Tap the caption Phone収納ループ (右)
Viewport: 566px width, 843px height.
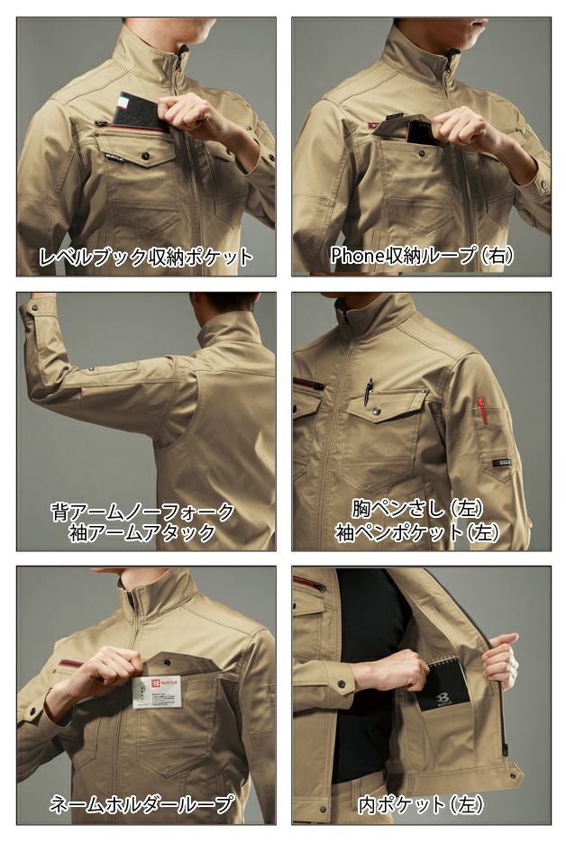tap(422, 257)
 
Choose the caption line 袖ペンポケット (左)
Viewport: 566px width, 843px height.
tap(422, 532)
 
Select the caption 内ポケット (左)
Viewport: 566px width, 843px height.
tap(422, 803)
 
